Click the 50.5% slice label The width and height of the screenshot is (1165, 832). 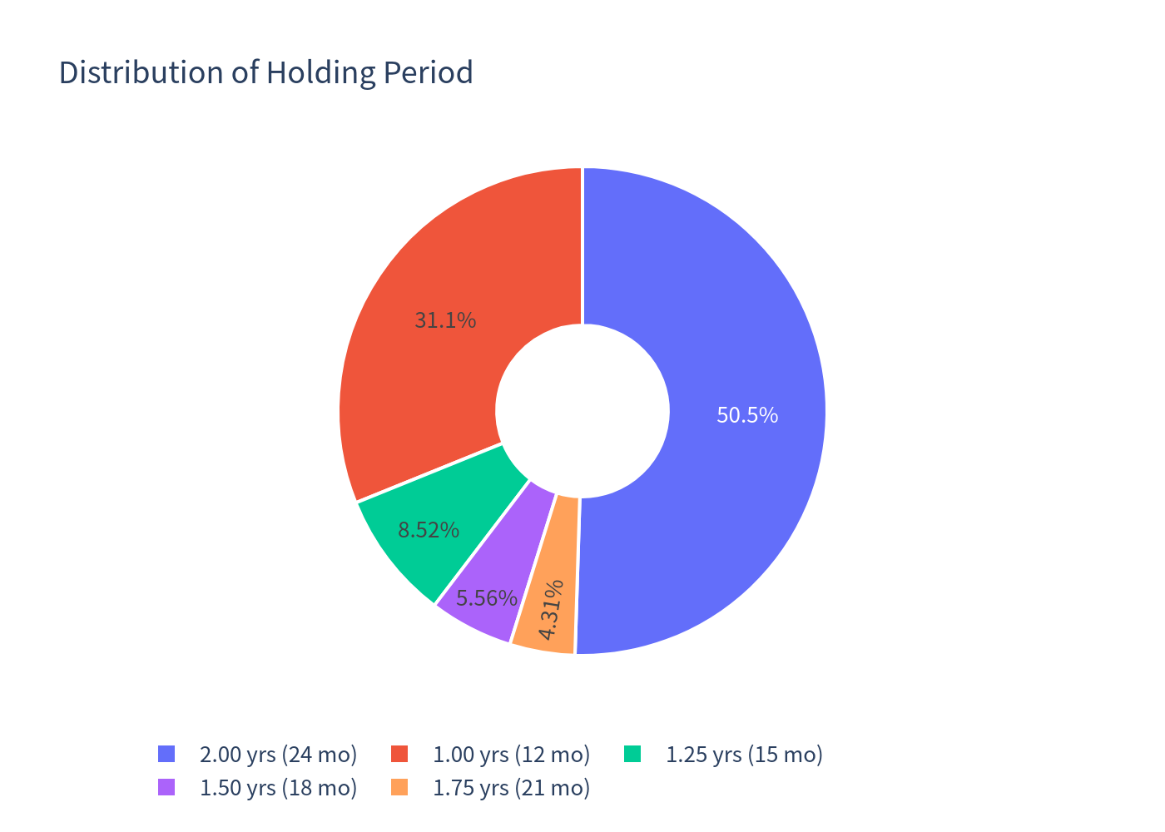(x=747, y=415)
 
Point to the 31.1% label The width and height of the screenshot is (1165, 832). (x=445, y=320)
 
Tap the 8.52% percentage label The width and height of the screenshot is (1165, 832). (x=429, y=530)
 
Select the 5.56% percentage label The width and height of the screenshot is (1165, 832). (x=487, y=598)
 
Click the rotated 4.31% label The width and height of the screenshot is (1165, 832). (x=551, y=609)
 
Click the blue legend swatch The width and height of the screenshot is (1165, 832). (x=166, y=754)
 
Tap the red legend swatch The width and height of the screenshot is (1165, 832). (x=399, y=754)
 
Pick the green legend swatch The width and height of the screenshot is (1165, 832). (x=632, y=754)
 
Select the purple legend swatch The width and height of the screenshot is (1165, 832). (x=166, y=787)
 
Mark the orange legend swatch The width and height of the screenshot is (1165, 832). (x=399, y=787)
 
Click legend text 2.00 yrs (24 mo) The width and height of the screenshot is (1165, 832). (x=278, y=755)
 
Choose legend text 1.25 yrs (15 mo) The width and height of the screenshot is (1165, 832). (x=744, y=755)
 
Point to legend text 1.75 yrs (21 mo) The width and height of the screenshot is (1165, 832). (x=511, y=788)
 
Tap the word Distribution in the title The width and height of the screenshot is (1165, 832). (x=141, y=72)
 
